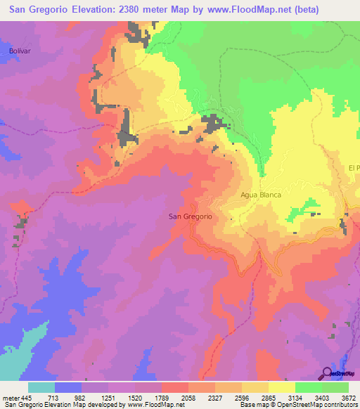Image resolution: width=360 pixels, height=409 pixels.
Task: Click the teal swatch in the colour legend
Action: pos(41,387)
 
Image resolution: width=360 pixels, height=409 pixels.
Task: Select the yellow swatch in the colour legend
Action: pos(281,387)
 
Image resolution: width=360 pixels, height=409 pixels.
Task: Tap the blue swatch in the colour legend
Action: pos(68,387)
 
